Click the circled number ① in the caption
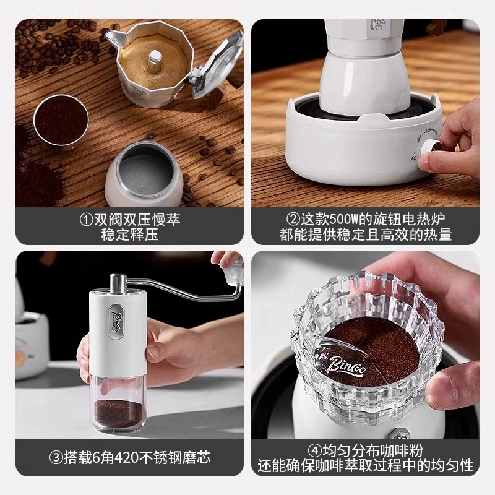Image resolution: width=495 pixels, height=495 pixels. [86, 220]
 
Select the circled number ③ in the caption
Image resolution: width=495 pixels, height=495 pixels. [56, 457]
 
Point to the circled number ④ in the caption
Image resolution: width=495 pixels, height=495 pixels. [314, 450]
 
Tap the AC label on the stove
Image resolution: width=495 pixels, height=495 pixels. [413, 158]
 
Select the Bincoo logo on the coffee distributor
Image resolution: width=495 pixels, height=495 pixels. [346, 364]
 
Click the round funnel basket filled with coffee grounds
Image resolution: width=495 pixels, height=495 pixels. [61, 120]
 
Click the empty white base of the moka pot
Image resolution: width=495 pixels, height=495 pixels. [144, 175]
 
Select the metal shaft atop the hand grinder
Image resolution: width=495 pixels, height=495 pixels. [118, 283]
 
